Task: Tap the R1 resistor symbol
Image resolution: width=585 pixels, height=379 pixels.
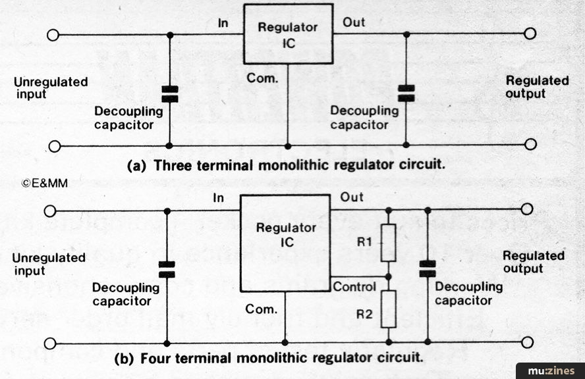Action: click(x=389, y=243)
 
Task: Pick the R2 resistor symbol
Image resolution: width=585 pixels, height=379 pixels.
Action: click(x=389, y=309)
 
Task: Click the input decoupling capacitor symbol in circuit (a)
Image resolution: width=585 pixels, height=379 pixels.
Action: click(x=170, y=94)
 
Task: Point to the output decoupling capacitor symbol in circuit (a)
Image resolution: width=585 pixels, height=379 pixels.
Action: click(x=406, y=93)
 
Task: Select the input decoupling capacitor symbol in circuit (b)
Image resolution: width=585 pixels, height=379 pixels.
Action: click(x=167, y=269)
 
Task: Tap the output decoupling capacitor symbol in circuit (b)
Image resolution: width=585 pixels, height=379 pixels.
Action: click(x=428, y=268)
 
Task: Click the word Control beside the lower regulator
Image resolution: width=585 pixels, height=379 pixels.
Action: click(x=354, y=287)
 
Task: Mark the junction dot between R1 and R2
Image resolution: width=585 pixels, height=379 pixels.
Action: click(x=389, y=277)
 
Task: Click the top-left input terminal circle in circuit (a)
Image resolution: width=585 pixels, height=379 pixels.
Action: click(x=53, y=35)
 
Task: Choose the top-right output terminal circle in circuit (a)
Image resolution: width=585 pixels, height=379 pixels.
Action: click(x=530, y=34)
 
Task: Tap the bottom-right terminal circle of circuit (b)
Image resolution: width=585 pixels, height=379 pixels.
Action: click(x=527, y=342)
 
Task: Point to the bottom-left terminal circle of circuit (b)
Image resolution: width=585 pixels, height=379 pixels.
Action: click(x=50, y=343)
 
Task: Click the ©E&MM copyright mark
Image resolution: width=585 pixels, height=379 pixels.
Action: click(x=44, y=183)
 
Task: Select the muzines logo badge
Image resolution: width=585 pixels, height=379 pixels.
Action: click(x=551, y=371)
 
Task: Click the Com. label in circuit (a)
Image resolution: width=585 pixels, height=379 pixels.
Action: click(x=262, y=78)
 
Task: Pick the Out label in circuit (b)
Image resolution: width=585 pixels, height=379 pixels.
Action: click(x=352, y=197)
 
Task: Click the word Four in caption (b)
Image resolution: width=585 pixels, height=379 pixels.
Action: click(x=155, y=358)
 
